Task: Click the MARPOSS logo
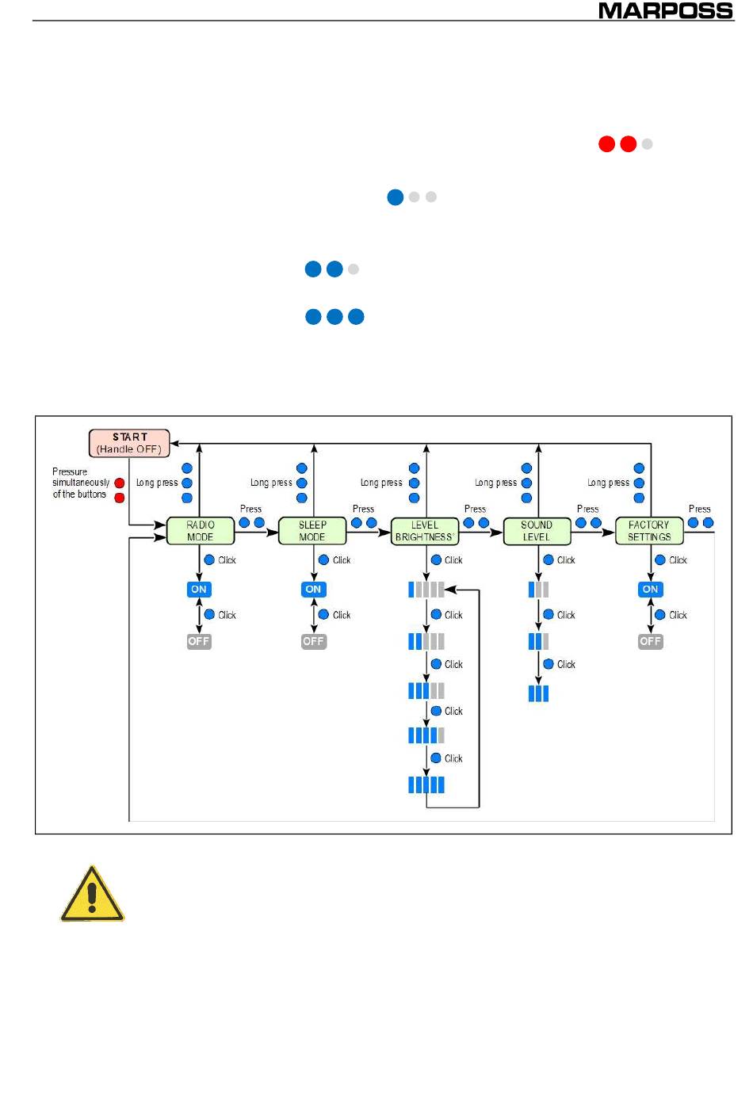click(665, 11)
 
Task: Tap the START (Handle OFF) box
click(129, 443)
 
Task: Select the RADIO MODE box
click(201, 531)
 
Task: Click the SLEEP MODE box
click(312, 531)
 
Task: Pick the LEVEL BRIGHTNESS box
click(425, 531)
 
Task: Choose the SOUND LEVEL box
click(537, 531)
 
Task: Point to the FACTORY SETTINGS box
click(649, 531)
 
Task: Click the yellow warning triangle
click(92, 894)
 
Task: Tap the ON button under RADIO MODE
click(199, 589)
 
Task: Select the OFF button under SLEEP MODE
click(313, 641)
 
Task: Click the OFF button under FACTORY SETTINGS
click(650, 641)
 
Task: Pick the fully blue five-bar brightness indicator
click(426, 785)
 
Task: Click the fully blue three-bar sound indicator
click(538, 693)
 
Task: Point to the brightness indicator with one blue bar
click(426, 590)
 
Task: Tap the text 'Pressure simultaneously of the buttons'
click(80, 483)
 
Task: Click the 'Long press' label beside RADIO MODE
click(157, 483)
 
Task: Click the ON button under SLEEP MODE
click(313, 589)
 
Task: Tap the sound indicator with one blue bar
click(538, 590)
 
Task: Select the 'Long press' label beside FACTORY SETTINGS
click(608, 483)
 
